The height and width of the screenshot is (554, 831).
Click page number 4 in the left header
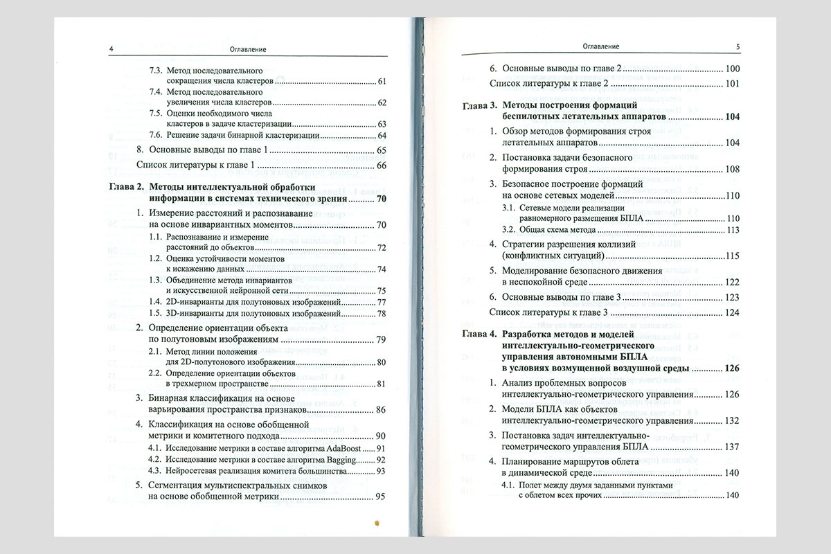(x=111, y=49)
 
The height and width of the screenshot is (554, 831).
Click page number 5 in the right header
(x=738, y=46)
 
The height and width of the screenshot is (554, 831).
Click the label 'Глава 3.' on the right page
(x=479, y=106)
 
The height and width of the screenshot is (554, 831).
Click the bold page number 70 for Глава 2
(x=381, y=199)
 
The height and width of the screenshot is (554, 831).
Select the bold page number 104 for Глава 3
(x=733, y=117)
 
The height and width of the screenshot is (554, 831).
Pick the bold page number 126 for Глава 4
(x=733, y=368)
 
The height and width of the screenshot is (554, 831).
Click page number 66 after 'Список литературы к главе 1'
(x=381, y=165)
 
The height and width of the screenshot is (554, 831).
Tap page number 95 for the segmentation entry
(x=381, y=497)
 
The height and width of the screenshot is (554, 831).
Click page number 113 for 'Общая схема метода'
(x=733, y=230)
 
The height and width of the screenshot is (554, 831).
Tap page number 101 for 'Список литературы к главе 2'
(x=733, y=84)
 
